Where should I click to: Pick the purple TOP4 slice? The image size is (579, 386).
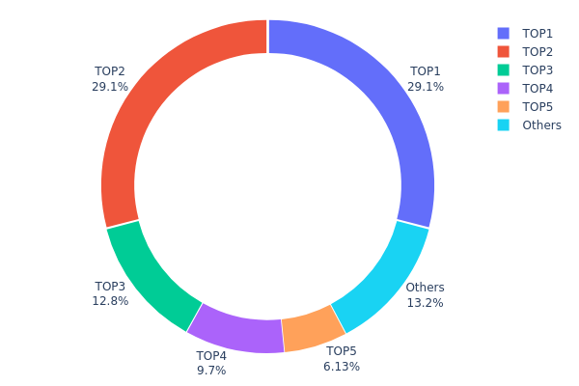click(x=232, y=328)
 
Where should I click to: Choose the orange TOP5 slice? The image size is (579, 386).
click(x=311, y=330)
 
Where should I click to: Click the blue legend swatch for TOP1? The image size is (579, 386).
click(x=504, y=33)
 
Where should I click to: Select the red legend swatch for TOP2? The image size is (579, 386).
click(x=504, y=51)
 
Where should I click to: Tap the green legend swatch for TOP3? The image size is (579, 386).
click(x=504, y=69)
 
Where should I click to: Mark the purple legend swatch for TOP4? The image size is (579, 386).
click(x=504, y=88)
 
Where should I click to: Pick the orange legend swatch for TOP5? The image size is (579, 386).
click(x=504, y=106)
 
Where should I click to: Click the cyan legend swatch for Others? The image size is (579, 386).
click(x=504, y=124)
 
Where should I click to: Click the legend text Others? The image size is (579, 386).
click(x=541, y=124)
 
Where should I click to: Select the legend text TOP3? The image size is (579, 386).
click(x=538, y=69)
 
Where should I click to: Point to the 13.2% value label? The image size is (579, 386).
click(x=425, y=303)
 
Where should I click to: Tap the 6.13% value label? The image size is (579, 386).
click(x=342, y=367)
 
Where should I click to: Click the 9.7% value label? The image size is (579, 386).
click(x=211, y=371)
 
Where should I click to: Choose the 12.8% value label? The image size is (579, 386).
click(x=110, y=302)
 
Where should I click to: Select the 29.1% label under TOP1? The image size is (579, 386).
click(x=426, y=86)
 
